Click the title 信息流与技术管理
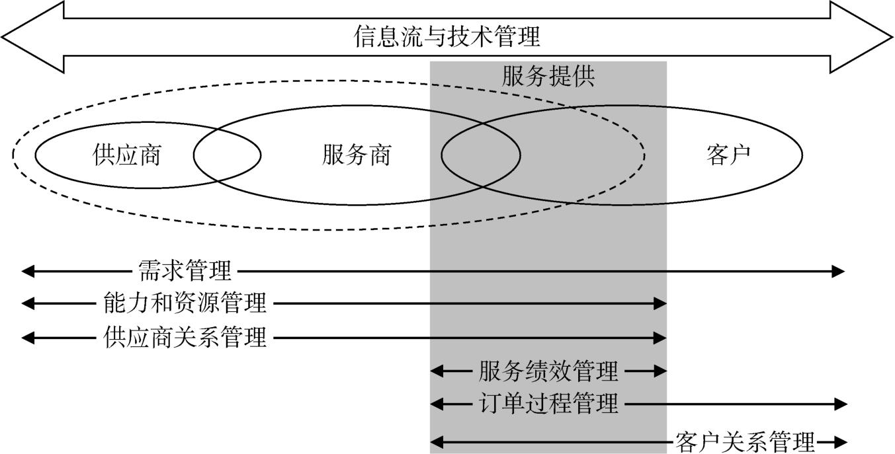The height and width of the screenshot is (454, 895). (447, 36)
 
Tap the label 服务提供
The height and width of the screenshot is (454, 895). (548, 77)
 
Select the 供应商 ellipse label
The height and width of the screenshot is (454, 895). (127, 155)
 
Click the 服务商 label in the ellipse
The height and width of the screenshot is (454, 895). (357, 155)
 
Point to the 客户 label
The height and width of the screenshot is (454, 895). (728, 155)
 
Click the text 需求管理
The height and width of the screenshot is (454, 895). (185, 271)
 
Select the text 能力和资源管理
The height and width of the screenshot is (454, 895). (185, 303)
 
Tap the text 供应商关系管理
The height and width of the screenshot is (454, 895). (185, 338)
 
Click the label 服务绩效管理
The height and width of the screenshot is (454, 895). (548, 371)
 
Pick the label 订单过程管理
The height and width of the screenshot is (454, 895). (548, 403)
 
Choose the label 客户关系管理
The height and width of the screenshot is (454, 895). (745, 441)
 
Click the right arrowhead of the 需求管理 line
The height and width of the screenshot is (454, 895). (839, 271)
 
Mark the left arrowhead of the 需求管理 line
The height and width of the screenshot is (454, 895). (27, 271)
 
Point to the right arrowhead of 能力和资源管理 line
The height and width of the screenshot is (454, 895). (660, 303)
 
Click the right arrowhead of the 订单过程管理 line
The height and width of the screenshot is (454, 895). (841, 403)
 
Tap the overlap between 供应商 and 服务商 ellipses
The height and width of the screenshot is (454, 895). (227, 155)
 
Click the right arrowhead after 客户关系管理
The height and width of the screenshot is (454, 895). (841, 441)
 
